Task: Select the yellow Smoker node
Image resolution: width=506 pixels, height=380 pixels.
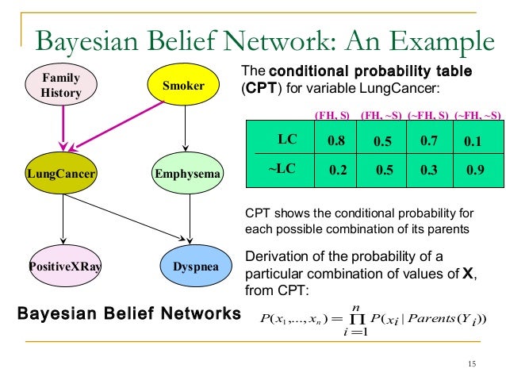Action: point(184,86)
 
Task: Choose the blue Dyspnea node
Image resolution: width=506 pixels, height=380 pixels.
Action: point(190,267)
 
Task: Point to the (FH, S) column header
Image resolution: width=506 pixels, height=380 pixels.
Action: point(332,115)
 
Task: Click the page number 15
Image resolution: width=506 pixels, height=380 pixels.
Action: point(472,364)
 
